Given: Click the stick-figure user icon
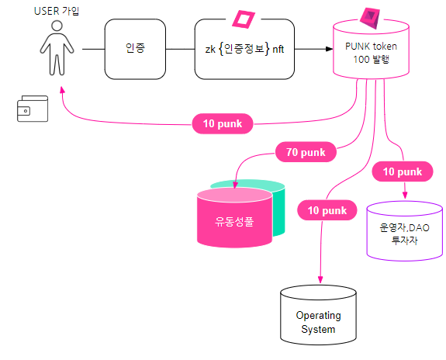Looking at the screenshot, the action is coord(57,48).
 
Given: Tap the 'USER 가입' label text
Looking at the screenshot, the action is coord(57,11).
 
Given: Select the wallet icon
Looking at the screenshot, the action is coord(33,109).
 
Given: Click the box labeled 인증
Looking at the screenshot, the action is coord(135,49).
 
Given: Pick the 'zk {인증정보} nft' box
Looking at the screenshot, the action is coord(244,49).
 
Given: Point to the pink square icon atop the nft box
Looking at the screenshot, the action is coord(244,19).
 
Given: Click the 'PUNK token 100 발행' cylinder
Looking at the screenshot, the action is coord(371,49).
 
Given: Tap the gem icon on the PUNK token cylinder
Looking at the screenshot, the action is coord(370,18).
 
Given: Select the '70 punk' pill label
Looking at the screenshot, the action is coord(306,152).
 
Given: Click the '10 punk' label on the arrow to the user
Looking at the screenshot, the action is coord(223,123).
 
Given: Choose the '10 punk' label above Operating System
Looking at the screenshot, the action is coord(327,210).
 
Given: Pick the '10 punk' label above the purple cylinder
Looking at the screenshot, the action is coord(403,171).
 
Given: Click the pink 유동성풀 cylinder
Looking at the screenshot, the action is coord(234,218).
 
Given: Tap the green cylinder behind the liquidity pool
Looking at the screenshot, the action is coord(278,209).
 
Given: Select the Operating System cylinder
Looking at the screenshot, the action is coord(318,315).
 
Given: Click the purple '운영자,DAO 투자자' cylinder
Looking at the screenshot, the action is coord(404,230).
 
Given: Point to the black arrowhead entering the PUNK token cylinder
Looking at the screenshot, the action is coord(329,49).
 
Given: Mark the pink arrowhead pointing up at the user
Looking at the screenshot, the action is coord(62,90).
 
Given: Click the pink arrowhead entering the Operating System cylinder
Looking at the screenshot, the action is coord(320,280).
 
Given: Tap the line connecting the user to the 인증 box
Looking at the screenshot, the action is coord(93,49).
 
